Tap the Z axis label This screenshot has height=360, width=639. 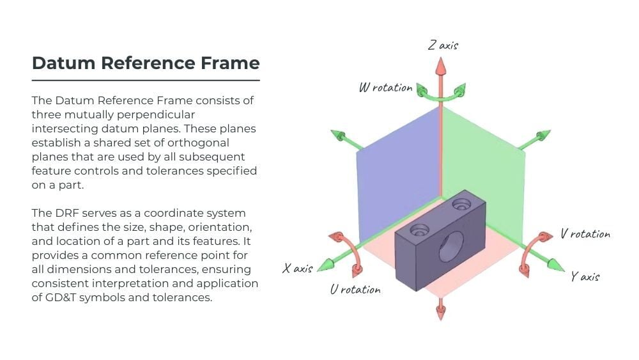(443, 45)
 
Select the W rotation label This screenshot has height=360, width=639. (385, 88)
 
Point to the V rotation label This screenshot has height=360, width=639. (585, 234)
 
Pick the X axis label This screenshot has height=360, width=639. (298, 268)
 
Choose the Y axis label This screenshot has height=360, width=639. (585, 276)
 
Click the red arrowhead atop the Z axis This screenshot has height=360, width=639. (440, 65)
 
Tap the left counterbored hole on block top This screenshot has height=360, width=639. (419, 229)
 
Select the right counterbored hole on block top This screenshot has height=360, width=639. (461, 205)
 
